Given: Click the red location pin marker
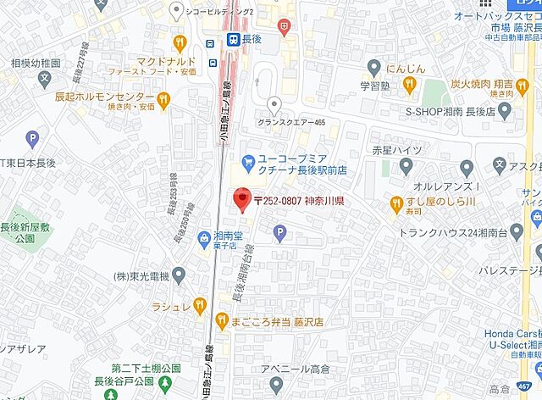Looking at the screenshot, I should click(x=241, y=198).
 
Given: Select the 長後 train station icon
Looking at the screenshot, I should click(x=231, y=38).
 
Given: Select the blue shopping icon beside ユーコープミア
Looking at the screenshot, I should click(x=248, y=160).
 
